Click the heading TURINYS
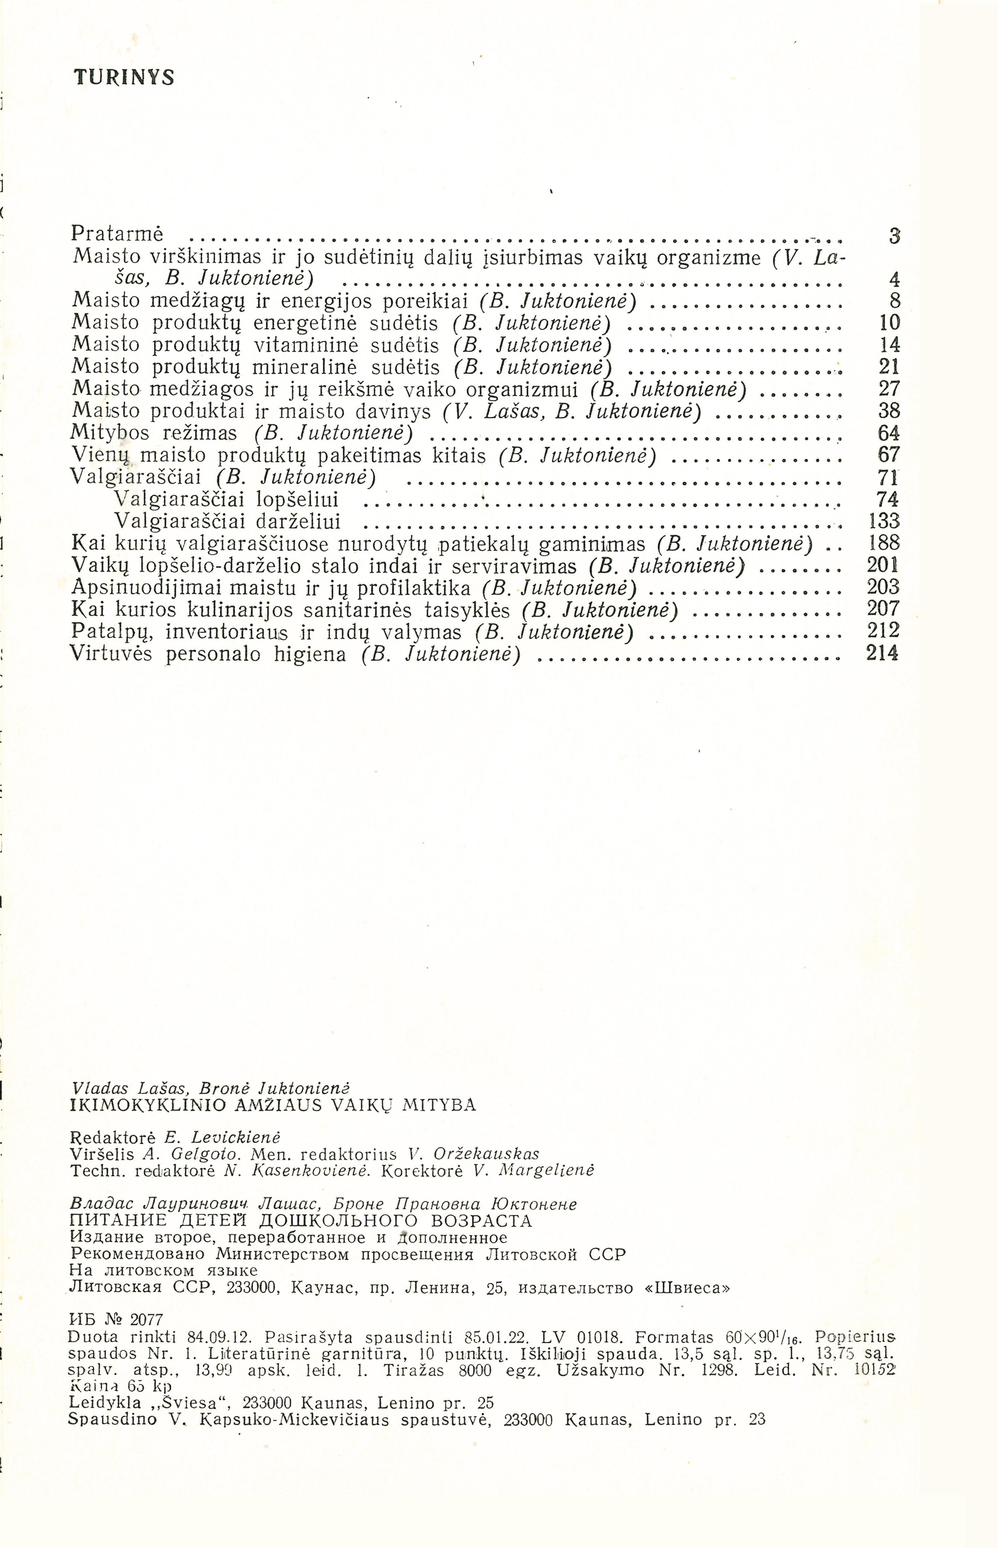coord(124,78)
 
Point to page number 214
coord(883,653)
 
